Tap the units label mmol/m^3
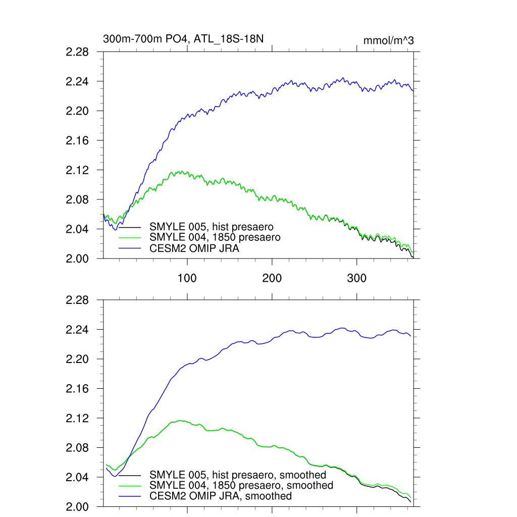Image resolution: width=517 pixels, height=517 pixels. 388,40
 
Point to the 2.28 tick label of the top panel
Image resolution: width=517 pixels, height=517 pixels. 78,52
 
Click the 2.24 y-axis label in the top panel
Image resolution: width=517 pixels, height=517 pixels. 78,82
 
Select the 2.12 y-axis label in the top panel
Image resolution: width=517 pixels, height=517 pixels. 78,170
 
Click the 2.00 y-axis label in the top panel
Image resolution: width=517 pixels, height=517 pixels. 78,259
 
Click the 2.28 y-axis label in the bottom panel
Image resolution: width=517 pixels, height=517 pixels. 78,300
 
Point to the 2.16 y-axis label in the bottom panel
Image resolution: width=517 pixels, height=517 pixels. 78,389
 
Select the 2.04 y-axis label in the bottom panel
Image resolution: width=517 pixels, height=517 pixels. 78,478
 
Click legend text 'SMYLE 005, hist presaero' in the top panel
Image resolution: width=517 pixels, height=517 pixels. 212,227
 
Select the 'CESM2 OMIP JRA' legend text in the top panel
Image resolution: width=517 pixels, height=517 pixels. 194,248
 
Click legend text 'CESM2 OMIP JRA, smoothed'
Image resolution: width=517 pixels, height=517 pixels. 221,496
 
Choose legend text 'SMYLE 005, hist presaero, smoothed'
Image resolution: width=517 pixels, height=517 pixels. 238,475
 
